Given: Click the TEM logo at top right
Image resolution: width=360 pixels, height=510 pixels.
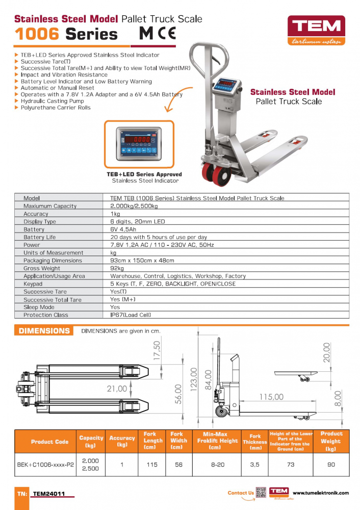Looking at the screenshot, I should coord(316,30).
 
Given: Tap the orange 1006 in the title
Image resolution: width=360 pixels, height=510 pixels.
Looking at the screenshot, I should coord(37,34).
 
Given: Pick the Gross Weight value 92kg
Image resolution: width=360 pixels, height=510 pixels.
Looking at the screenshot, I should coord(117,268).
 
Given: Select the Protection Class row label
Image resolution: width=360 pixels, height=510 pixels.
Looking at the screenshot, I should coord(46,315).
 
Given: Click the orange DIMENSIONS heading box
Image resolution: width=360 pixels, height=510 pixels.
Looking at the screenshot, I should coord(44,331).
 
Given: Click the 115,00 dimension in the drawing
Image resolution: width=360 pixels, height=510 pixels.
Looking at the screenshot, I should coord(271,397).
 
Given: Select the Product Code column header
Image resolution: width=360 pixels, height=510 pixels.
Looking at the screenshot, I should coord(49,442).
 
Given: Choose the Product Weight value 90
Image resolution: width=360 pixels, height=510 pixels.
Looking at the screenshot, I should coord(331,465).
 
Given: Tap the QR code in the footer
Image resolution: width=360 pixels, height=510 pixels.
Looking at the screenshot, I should coord(261,493).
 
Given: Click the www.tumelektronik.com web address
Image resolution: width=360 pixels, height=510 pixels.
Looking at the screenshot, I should coord(321,493).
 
